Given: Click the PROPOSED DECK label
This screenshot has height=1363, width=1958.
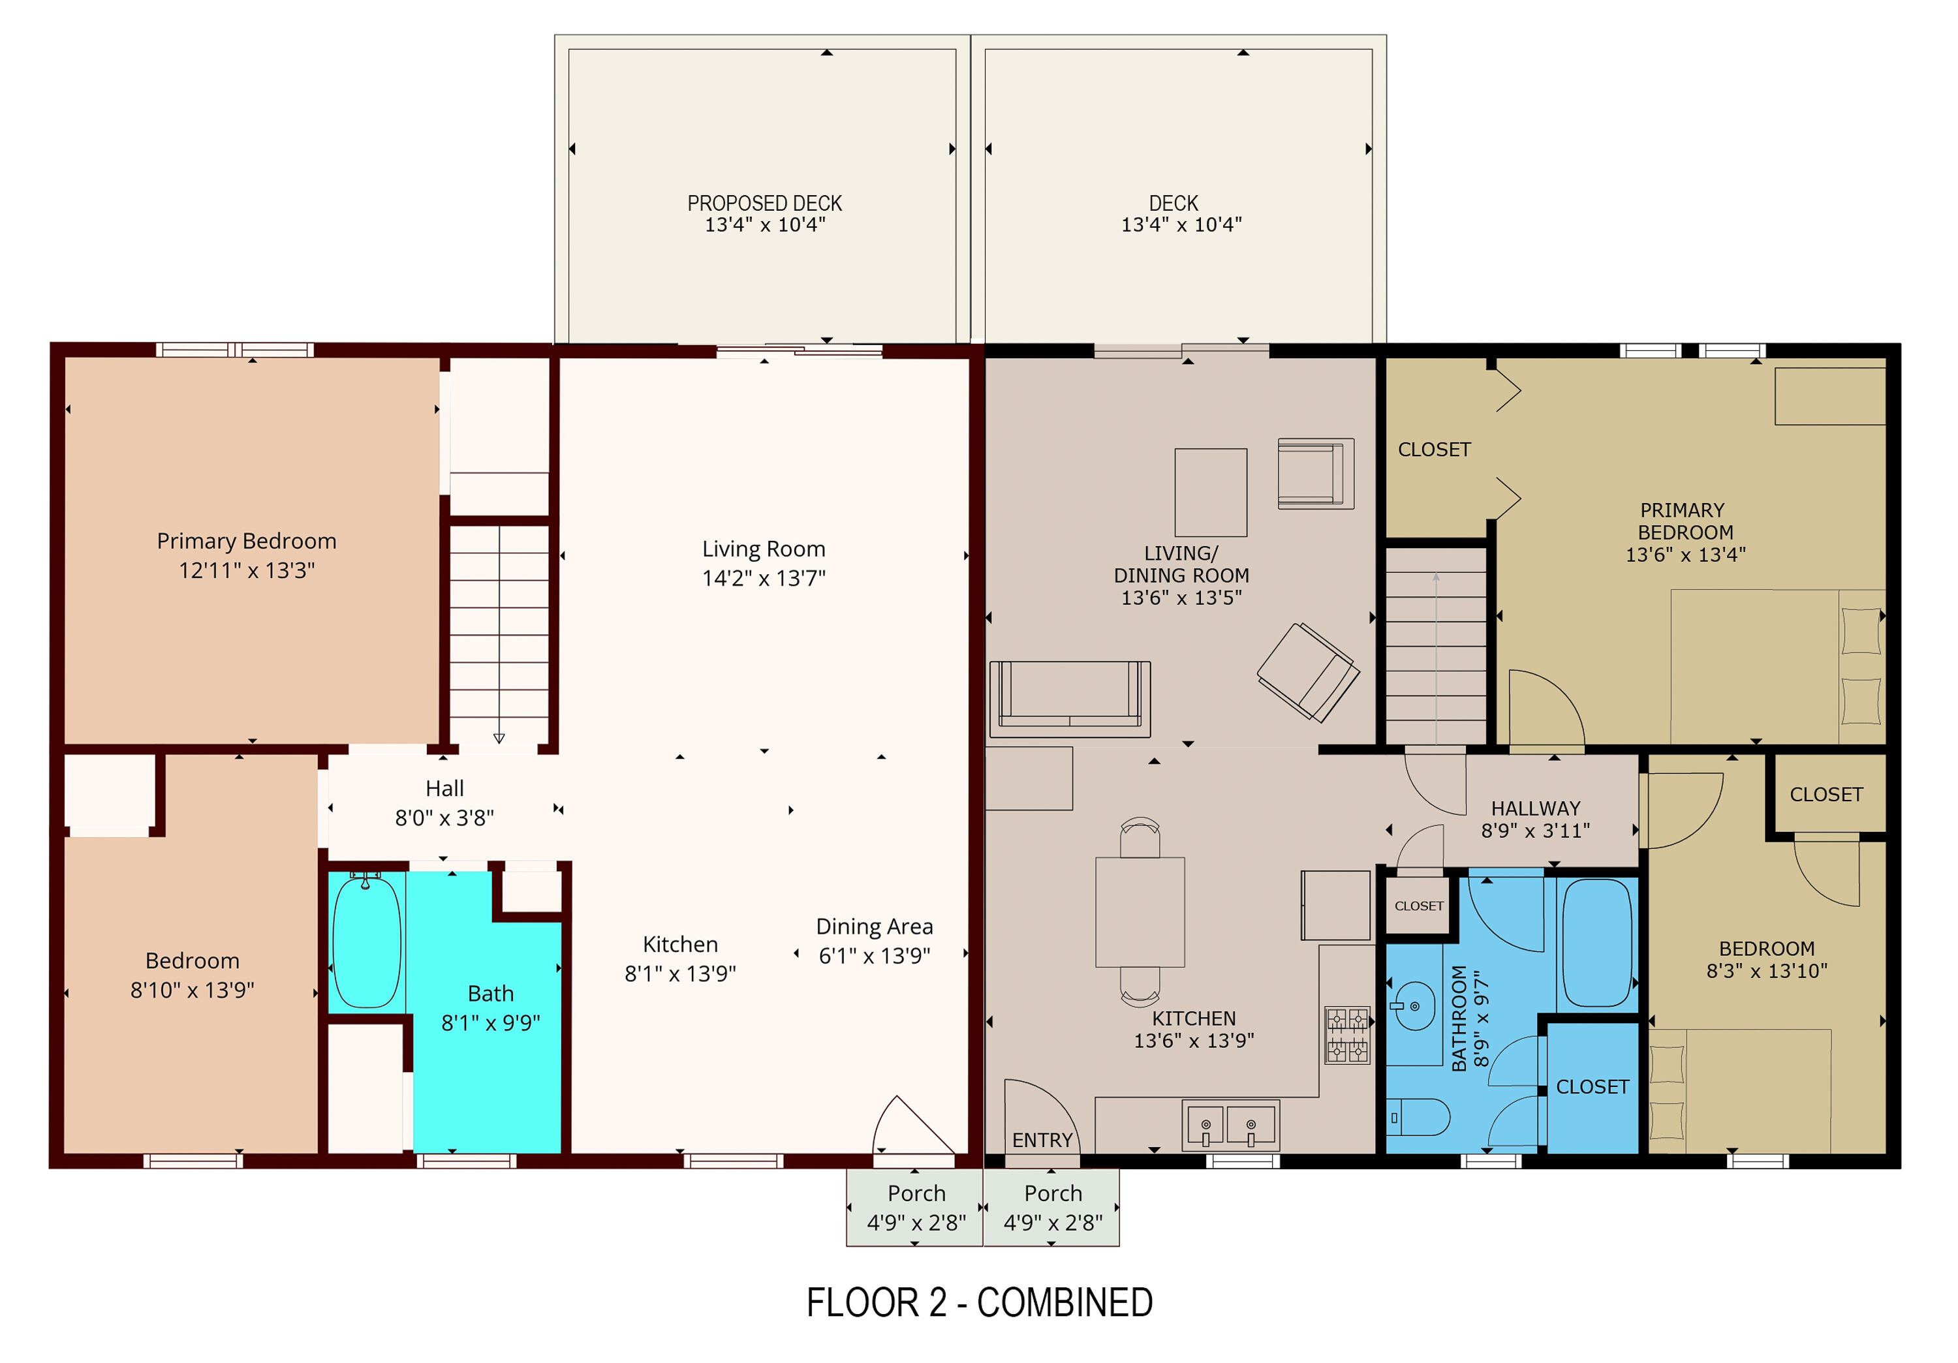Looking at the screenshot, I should pos(764,203).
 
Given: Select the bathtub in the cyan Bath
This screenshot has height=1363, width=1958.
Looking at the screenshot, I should pos(367,942).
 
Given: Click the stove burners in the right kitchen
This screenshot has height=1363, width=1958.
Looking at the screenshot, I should pos(1346,1035).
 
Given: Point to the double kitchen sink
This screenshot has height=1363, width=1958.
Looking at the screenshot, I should pos(1228,1124).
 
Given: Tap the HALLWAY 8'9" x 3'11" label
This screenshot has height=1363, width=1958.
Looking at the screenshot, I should pos(1535,818).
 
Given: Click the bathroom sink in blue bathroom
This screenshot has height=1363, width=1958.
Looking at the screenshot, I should pos(1413,1006).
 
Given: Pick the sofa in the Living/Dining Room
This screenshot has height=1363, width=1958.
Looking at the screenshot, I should pos(1070,699).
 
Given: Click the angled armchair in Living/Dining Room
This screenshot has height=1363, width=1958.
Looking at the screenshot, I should pos(1307,671).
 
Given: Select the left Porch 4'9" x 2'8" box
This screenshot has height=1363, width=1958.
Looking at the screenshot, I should pos(915,1207).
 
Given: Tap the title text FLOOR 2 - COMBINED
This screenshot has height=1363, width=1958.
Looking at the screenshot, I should pos(979,1302).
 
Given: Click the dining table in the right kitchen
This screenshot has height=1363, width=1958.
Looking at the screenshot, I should pos(1140,911).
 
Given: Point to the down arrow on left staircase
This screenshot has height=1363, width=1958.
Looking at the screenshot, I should pos(499,738).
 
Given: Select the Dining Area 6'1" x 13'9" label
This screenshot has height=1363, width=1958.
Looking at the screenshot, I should pos(874,940).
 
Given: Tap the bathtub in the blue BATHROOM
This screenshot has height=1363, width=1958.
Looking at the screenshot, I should pos(1596,943).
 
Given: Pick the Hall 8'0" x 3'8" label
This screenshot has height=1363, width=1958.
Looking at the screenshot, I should pos(444,802).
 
